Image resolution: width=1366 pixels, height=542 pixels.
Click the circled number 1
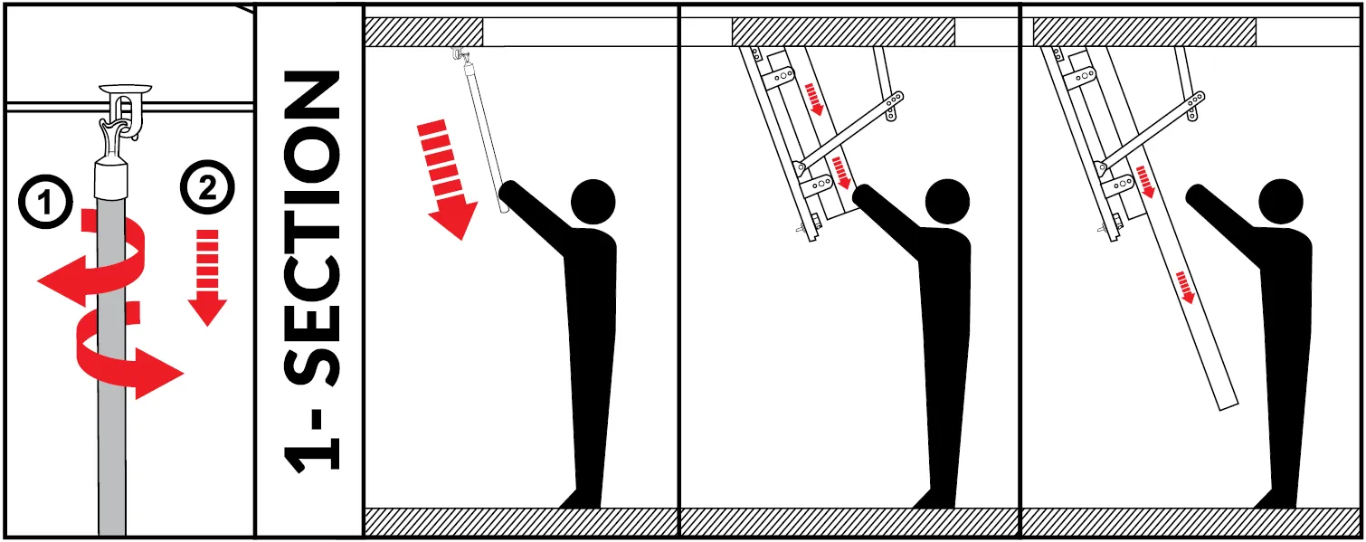(x=46, y=202)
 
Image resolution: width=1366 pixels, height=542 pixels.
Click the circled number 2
(x=207, y=187)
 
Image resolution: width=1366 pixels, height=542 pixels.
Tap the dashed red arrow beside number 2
(x=207, y=278)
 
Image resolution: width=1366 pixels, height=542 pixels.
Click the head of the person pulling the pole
(x=593, y=201)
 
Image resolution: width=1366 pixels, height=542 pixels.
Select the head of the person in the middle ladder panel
(x=947, y=201)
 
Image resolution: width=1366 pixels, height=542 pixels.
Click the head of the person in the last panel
(x=1281, y=201)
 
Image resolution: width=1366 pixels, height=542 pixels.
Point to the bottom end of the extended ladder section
(x=1228, y=405)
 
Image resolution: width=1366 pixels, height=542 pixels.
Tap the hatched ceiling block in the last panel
(x=1144, y=32)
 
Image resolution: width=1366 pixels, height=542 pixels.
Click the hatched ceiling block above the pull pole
(x=424, y=32)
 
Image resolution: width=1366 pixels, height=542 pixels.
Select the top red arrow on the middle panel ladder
(x=814, y=100)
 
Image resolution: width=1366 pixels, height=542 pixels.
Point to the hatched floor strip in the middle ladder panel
(x=849, y=522)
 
